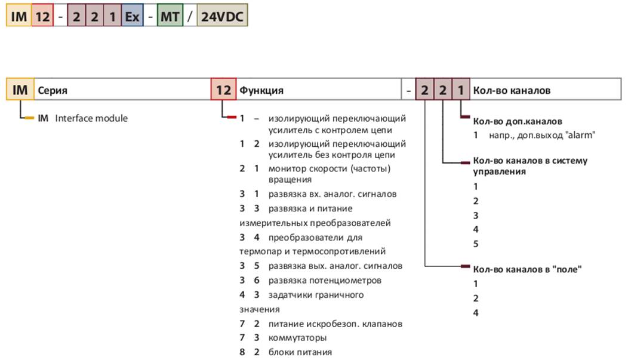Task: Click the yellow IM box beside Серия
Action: [20, 90]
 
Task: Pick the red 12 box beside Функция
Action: [223, 90]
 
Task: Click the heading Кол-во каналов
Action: [512, 90]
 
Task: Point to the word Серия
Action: [53, 91]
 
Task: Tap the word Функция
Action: [261, 91]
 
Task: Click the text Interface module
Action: [91, 118]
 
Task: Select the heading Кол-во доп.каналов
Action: [518, 121]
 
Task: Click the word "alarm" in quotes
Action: [581, 135]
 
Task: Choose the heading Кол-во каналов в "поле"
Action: [527, 269]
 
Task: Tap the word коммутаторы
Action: [297, 337]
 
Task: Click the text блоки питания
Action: [300, 352]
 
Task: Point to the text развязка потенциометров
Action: [325, 281]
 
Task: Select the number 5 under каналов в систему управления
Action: [475, 244]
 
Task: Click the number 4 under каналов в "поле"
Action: [475, 313]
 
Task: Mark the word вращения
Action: [290, 179]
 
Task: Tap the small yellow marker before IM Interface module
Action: [29, 118]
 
